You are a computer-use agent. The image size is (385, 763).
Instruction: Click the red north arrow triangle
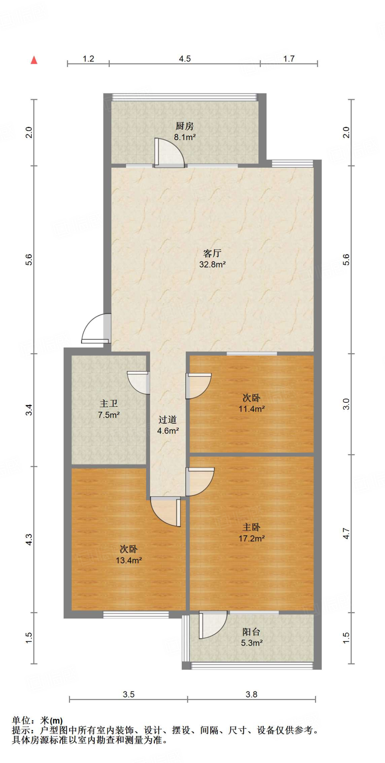(x=34, y=60)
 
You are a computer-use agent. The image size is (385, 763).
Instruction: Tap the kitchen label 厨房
(x=185, y=126)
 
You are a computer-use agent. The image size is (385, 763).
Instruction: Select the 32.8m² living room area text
(x=212, y=265)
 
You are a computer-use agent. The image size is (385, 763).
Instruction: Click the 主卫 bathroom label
(x=109, y=403)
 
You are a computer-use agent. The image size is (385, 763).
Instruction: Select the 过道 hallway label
(x=168, y=420)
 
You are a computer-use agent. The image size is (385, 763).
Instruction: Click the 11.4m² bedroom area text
(x=252, y=409)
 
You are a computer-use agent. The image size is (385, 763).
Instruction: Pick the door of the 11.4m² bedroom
(x=198, y=386)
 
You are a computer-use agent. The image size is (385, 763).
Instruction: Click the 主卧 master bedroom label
(x=251, y=527)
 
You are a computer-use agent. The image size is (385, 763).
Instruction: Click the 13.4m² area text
(x=129, y=560)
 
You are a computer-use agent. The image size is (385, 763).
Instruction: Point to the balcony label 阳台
(x=251, y=632)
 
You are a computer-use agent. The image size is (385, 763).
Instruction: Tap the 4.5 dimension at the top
(x=185, y=59)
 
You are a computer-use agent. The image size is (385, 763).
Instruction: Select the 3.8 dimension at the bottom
(x=251, y=694)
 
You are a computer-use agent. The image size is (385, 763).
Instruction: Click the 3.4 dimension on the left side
(x=29, y=410)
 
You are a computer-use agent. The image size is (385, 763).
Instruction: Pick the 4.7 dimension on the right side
(x=346, y=534)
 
